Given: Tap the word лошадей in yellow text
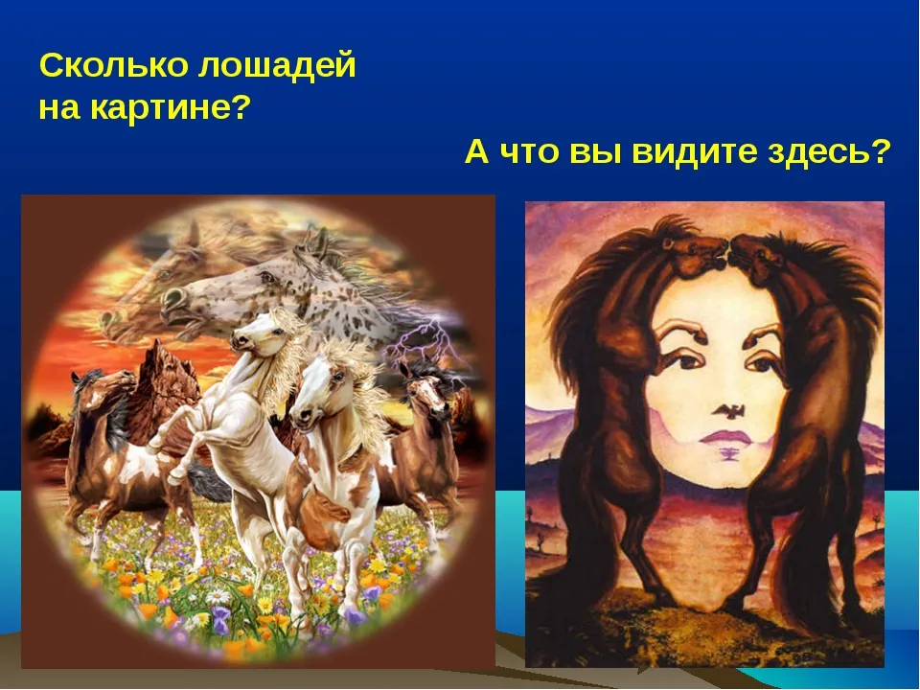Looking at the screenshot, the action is coord(277,66).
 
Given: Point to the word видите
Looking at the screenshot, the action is coord(695,152).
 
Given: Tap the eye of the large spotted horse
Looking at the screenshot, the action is coord(267,276).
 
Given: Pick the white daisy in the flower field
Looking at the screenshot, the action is coord(218,596).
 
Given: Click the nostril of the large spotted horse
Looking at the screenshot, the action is coord(172,297).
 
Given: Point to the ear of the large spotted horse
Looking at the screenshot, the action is coord(320,242).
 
